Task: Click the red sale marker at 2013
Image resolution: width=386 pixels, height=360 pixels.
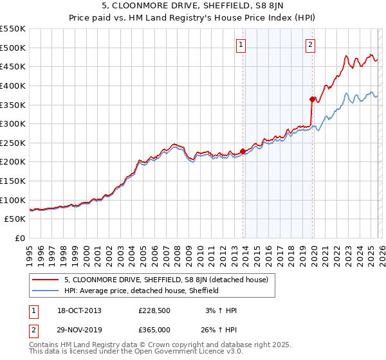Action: point(243,152)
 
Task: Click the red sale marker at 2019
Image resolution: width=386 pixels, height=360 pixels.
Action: point(312,99)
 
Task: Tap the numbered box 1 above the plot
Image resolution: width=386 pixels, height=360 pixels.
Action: point(241,44)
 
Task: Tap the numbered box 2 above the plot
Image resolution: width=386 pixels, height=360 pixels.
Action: point(310,44)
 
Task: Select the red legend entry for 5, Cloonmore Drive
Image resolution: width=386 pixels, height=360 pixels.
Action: point(170,280)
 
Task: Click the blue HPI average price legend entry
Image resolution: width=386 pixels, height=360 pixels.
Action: point(142,291)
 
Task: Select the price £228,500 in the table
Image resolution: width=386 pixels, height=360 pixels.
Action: point(154,310)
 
